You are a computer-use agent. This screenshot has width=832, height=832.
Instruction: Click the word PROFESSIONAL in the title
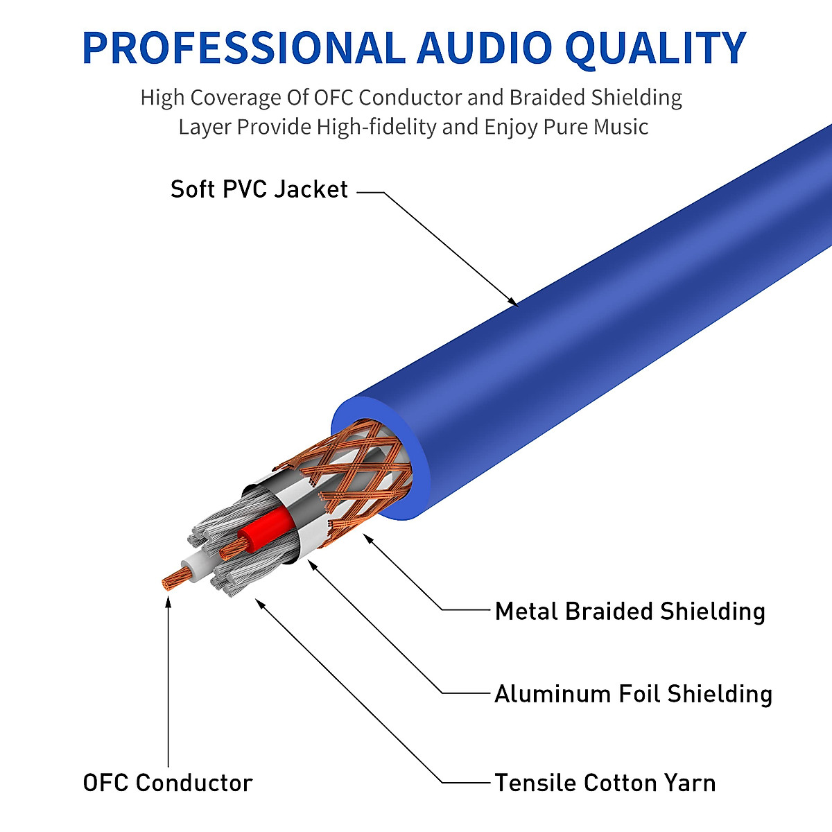pos(243,47)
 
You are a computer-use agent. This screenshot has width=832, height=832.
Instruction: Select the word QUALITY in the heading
pos(655,47)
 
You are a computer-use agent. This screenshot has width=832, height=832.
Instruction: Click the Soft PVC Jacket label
pos(259,189)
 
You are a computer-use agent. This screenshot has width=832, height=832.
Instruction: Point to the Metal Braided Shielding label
pos(630,611)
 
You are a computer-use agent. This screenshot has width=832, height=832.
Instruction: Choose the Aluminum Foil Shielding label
pos(633,693)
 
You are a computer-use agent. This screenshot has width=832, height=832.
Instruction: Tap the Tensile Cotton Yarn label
pos(605,782)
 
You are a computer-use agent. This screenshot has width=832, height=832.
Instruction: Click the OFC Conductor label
pos(167,782)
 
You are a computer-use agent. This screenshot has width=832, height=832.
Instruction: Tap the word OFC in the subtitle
pos(334,98)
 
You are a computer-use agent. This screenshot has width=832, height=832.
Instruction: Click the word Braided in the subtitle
pos(548,98)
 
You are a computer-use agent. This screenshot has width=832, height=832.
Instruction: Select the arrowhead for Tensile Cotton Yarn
pos(259,603)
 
